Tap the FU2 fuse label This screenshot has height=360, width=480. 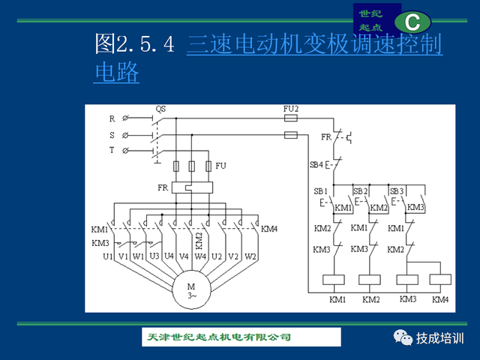click(290, 109)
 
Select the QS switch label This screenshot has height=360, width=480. click(160, 109)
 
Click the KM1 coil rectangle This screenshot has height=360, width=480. click(334, 280)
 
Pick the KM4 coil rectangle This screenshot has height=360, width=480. click(440, 280)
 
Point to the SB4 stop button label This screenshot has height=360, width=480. click(316, 165)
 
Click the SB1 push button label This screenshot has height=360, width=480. click(320, 191)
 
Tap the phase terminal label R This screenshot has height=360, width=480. click(112, 118)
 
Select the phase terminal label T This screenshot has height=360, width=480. click(112, 150)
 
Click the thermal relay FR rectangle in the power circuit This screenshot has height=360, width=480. click(192, 187)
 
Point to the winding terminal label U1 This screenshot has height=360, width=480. click(108, 256)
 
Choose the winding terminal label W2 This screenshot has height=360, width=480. click(250, 256)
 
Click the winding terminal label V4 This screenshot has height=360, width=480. click(184, 256)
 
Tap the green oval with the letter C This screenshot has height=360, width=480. click(412, 22)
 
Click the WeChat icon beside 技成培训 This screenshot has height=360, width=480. click(403, 337)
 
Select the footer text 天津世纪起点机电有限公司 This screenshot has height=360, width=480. click(219, 337)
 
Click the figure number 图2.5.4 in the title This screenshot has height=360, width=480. click(135, 43)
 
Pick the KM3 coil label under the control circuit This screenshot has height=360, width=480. click(408, 299)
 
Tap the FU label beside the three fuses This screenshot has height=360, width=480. click(220, 166)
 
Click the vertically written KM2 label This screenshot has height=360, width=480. click(199, 241)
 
